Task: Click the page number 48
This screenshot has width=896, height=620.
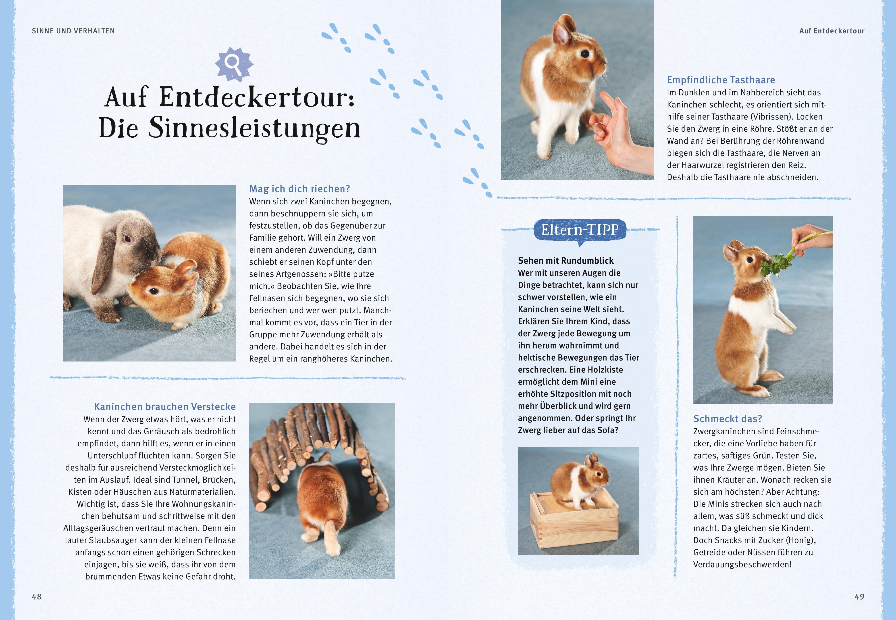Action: tap(37, 596)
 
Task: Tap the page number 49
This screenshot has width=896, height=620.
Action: tap(859, 596)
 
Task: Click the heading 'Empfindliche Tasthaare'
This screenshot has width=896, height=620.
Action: tap(721, 80)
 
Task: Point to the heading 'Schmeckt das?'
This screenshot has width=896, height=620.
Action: tap(728, 419)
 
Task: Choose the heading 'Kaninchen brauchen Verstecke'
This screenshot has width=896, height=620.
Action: tap(165, 407)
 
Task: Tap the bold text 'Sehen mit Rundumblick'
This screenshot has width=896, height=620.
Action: tap(566, 261)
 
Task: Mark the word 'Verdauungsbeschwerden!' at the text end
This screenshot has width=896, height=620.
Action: tap(742, 564)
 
